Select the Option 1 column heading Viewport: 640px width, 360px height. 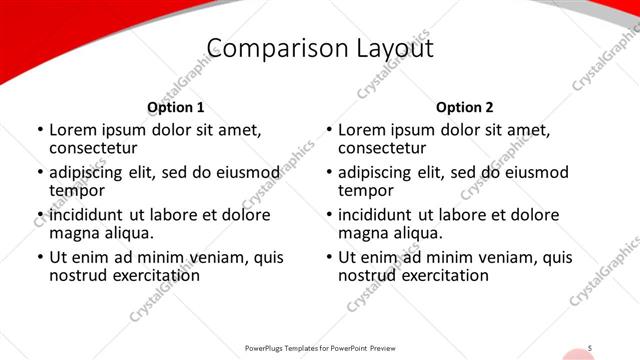point(175,107)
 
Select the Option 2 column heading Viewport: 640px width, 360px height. point(464,107)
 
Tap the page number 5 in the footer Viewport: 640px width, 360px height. point(590,348)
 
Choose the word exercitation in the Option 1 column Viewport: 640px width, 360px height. point(140,274)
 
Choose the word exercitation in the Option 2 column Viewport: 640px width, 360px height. point(429,274)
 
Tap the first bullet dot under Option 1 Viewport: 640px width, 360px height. point(39,131)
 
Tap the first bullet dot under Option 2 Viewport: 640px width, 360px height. point(328,131)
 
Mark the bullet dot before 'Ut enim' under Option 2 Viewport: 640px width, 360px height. point(328,257)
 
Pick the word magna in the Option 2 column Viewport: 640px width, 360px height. point(364,233)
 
